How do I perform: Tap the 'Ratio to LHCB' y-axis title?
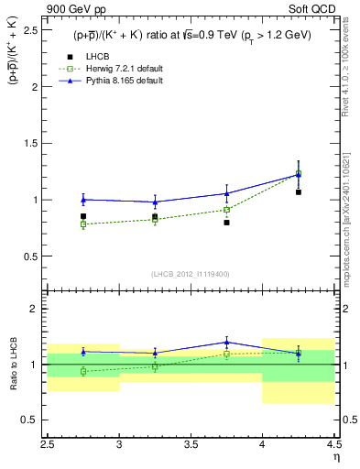pos(12,364)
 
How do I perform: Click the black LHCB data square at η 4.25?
pos(298,192)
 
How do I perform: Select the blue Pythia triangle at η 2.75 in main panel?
pos(83,200)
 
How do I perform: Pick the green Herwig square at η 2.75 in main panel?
pos(83,224)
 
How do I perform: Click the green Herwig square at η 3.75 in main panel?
pos(226,210)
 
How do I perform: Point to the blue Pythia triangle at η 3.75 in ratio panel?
pos(226,342)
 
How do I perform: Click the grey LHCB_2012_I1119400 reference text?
pos(191,273)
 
